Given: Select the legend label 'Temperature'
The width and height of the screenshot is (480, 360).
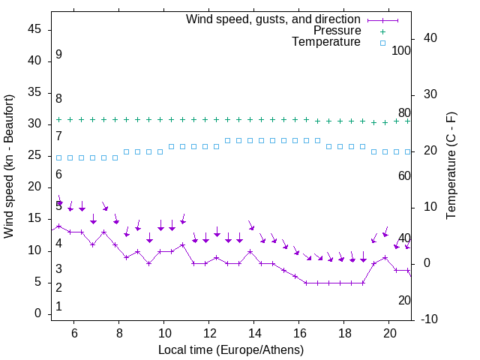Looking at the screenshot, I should (326, 42).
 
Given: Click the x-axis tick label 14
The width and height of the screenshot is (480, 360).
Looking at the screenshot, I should (254, 333).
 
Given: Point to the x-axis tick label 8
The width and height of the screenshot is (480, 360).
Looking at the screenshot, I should (119, 333).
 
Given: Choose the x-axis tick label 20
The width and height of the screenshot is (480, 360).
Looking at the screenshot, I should (389, 333).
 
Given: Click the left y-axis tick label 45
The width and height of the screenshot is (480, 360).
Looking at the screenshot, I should (34, 30).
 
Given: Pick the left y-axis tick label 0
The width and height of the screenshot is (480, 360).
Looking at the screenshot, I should (38, 314).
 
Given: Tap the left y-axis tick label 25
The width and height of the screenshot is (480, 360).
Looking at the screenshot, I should (34, 156).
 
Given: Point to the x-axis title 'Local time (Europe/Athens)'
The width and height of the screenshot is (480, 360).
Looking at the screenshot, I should (231, 349).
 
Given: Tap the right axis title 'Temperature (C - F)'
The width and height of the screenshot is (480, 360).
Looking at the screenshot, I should (451, 166).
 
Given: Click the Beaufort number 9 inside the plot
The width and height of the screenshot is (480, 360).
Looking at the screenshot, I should (58, 55).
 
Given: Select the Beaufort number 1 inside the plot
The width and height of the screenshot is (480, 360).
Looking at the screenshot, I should (58, 307).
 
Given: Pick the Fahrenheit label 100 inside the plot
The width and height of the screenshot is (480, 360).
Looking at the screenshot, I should (402, 51).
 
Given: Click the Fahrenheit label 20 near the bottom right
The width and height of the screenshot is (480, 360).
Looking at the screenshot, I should (404, 300).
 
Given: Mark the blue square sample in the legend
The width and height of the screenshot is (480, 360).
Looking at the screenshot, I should (382, 43).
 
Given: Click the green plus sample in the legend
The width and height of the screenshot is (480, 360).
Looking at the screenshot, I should (382, 31).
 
